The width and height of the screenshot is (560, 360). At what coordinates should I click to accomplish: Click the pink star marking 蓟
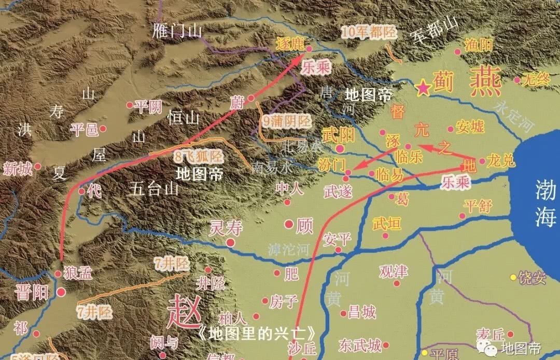(424, 88)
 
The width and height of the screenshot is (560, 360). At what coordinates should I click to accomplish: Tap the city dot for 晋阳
(61, 293)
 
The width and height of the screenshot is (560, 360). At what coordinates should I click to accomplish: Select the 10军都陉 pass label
(369, 32)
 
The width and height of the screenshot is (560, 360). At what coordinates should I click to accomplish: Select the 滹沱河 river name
(289, 250)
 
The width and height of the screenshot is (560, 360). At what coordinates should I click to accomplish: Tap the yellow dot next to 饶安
(513, 277)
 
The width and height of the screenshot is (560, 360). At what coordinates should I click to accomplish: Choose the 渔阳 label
(479, 45)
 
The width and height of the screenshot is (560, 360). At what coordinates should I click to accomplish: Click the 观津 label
(393, 271)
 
